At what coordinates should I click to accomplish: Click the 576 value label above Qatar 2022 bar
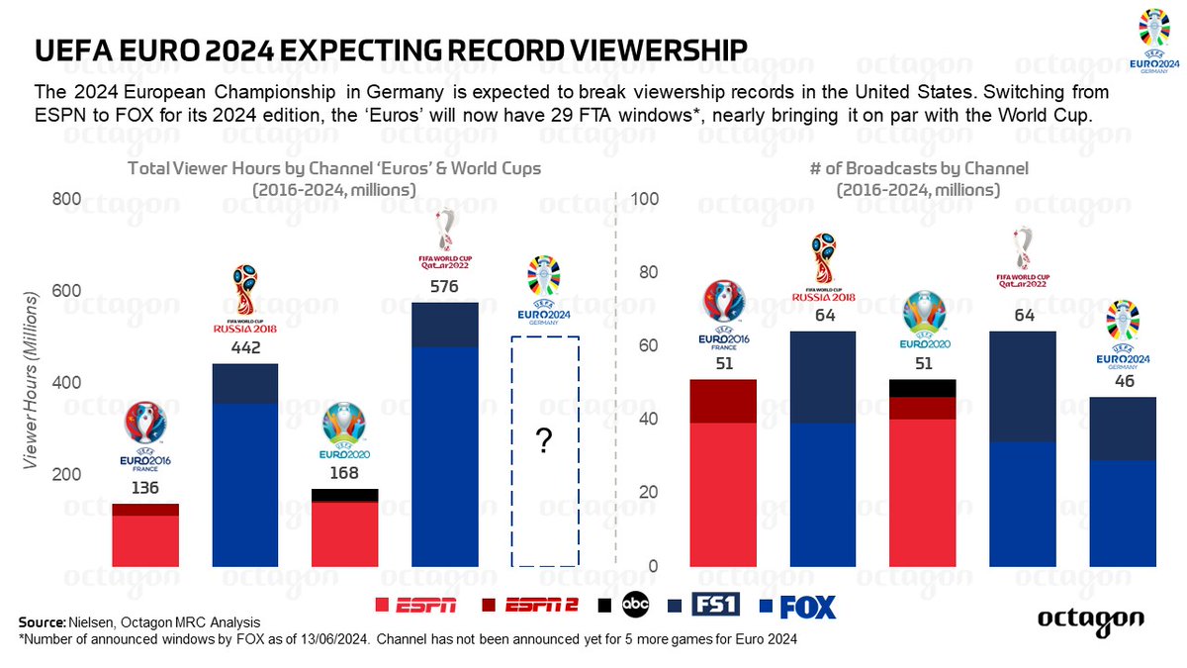(444, 287)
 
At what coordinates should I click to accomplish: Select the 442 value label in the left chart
(245, 348)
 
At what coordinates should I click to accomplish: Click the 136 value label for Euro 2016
(144, 488)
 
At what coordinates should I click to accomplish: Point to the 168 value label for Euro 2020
(343, 473)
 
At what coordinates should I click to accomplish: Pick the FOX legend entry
(795, 606)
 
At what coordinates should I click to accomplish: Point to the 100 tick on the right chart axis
(645, 200)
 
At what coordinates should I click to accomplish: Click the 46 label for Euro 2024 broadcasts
(1122, 381)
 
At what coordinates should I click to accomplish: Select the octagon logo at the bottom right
(1090, 620)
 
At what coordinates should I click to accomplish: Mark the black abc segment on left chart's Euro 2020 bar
(344, 495)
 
